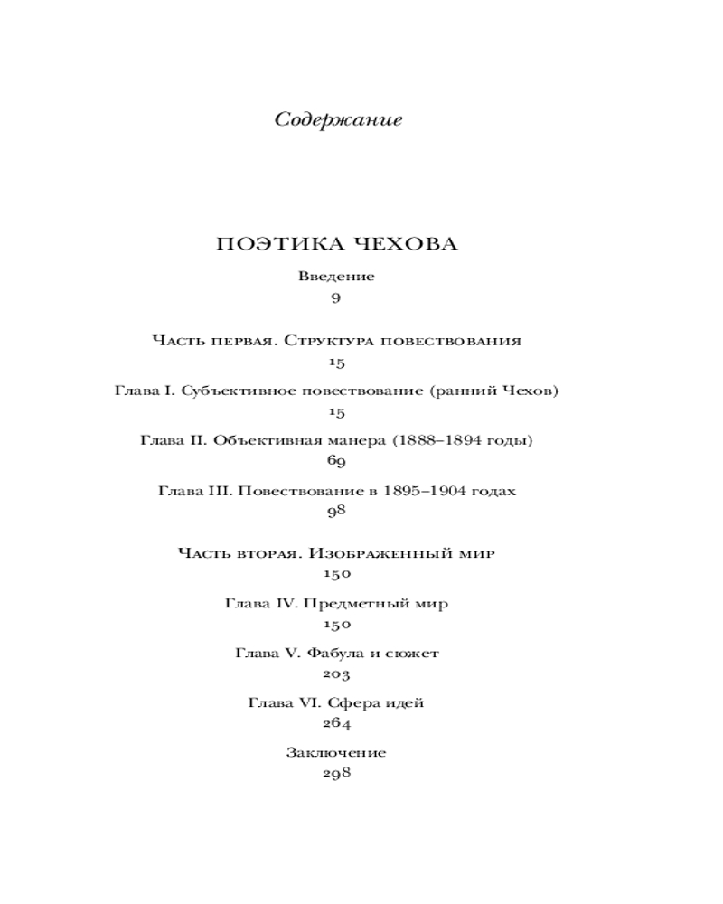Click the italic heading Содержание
coord(337,121)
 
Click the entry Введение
coord(336,277)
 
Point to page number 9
coord(336,297)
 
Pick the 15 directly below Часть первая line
coord(336,363)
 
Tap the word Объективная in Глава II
coord(259,441)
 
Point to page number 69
coord(336,462)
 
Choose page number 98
coord(336,512)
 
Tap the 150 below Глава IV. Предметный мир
coord(336,625)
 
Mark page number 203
coord(336,673)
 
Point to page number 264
coord(336,723)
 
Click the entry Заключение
coord(336,752)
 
